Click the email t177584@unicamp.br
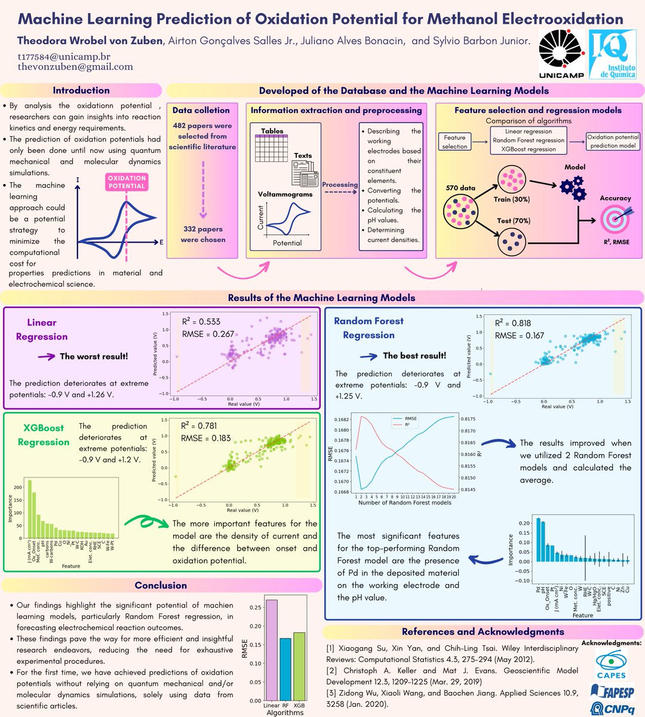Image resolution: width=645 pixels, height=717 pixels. coord(64,57)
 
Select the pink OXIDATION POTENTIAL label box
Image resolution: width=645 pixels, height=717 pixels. coord(127,182)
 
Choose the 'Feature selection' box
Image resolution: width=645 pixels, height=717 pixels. coord(454,142)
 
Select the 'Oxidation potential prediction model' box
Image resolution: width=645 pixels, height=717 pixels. coord(612,141)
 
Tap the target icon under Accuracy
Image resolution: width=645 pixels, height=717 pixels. coord(615,218)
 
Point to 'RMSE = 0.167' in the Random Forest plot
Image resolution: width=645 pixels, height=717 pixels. coord(519,336)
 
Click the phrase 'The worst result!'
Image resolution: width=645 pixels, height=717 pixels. coord(94,356)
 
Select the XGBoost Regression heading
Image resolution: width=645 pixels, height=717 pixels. coord(43,434)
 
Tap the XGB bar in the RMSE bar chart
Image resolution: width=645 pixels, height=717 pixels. coord(299,666)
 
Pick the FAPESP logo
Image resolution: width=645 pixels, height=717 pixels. coord(612,691)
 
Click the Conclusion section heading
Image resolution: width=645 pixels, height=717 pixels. coord(161,586)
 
